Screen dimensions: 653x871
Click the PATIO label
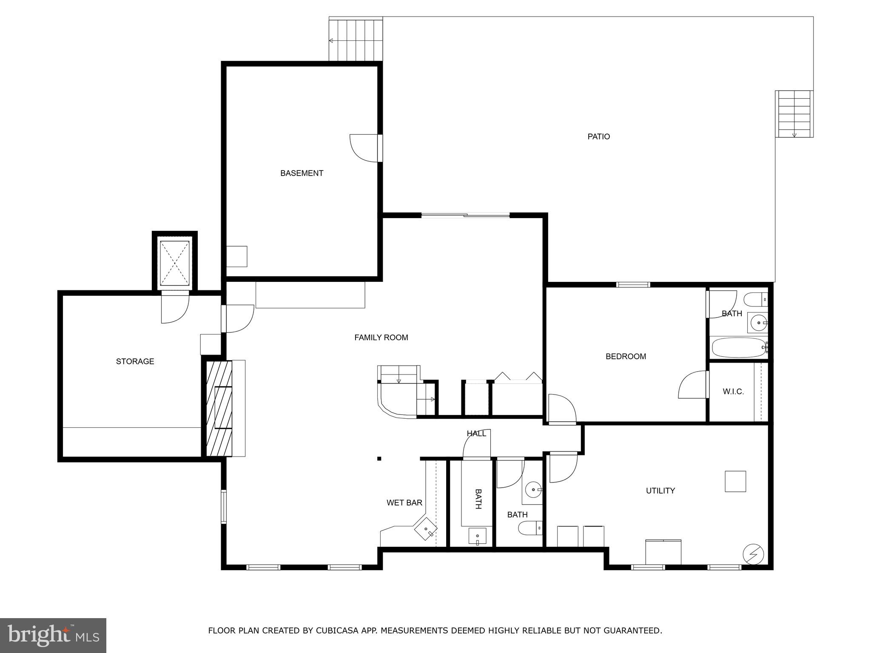[x=598, y=136]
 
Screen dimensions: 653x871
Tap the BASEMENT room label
[x=302, y=173]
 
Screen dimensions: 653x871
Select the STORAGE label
[x=135, y=361]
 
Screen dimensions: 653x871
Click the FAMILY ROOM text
[x=381, y=338]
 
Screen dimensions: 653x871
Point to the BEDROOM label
[x=626, y=356]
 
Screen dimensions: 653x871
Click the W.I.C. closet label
[x=733, y=392]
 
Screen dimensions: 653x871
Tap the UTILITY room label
[x=660, y=491]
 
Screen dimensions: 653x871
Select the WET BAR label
[x=404, y=503]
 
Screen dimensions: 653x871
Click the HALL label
[x=476, y=434]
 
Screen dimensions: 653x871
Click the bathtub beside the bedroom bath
[x=739, y=347]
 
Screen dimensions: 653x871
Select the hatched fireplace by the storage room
[x=219, y=408]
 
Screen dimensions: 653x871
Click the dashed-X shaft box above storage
[x=175, y=263]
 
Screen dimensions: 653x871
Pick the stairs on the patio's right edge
[x=794, y=114]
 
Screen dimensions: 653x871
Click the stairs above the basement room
[x=356, y=39]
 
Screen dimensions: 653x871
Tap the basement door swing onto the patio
[x=364, y=148]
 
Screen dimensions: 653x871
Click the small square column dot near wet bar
[x=379, y=458]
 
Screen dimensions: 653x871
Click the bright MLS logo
[x=53, y=635]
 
